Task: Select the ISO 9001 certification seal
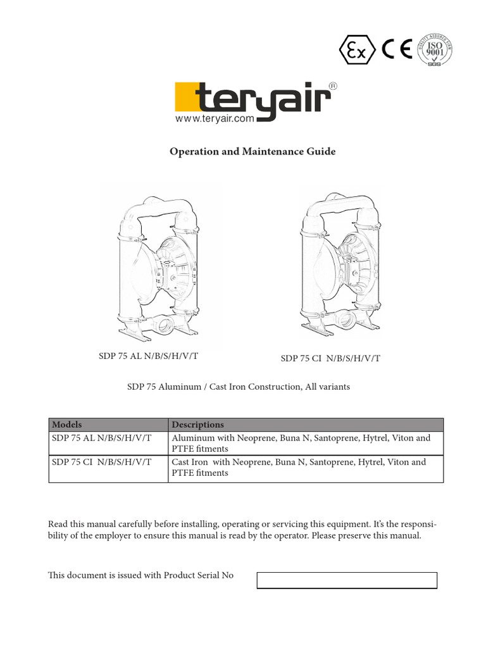click(436, 50)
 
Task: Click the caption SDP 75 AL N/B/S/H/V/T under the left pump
click(149, 356)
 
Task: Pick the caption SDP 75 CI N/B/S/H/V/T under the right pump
click(330, 359)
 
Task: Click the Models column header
click(66, 425)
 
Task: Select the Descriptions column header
click(197, 425)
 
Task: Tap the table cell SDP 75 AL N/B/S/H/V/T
click(101, 438)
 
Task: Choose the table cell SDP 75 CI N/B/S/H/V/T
click(101, 462)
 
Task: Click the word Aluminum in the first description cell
click(192, 438)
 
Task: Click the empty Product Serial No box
click(347, 580)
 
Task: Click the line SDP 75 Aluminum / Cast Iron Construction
click(239, 387)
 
